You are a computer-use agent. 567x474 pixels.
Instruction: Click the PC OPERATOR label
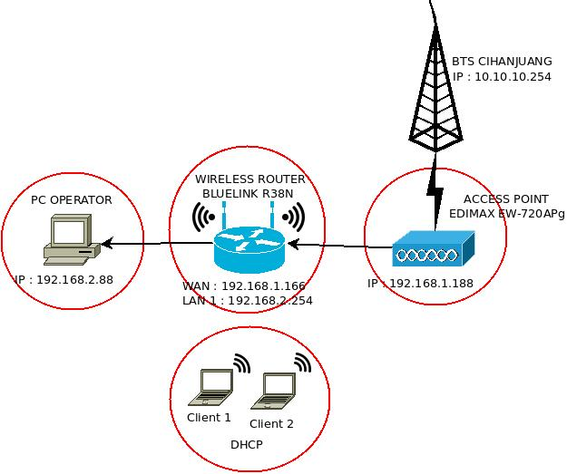click(x=72, y=199)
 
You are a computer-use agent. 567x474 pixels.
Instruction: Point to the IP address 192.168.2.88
click(x=64, y=279)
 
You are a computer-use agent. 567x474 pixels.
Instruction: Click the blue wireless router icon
click(x=249, y=242)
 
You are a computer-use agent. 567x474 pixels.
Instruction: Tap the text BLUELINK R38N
click(x=249, y=193)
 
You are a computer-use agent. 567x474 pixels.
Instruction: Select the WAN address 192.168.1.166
click(x=246, y=286)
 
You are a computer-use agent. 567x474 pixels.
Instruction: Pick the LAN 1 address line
click(x=248, y=300)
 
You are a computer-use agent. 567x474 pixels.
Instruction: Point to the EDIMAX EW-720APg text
click(x=507, y=214)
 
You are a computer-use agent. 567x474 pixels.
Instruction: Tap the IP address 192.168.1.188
click(x=421, y=284)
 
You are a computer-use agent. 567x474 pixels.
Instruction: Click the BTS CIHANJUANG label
click(x=502, y=63)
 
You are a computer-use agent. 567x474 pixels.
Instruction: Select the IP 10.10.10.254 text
click(x=502, y=77)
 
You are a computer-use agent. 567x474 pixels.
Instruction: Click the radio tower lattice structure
click(x=436, y=91)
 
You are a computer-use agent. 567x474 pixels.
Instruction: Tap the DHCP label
click(x=246, y=445)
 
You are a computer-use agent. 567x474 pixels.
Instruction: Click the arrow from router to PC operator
click(x=136, y=243)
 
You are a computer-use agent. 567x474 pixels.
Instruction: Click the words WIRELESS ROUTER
click(x=250, y=179)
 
